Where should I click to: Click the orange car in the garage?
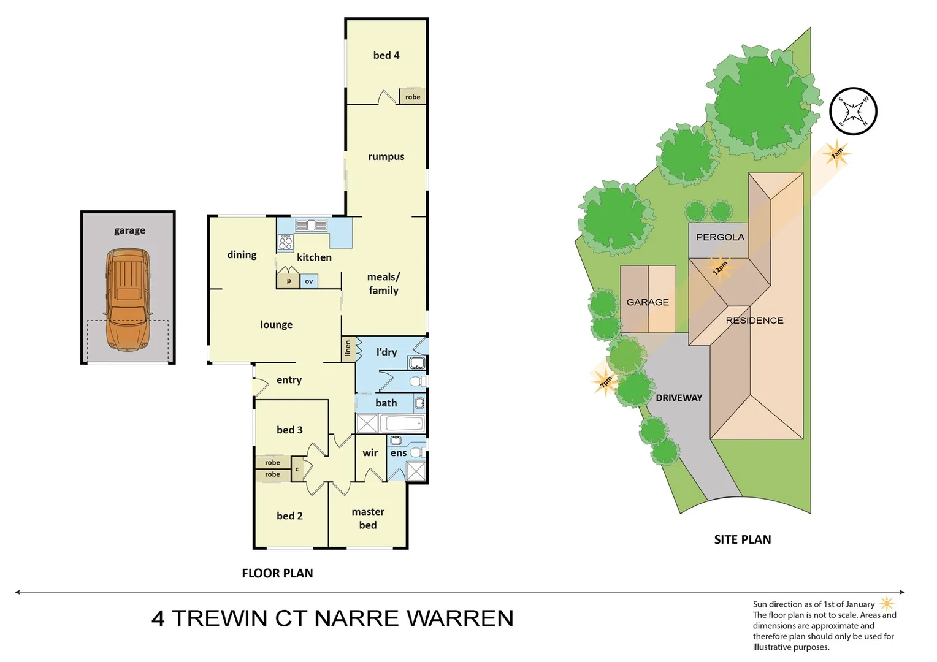[128, 299]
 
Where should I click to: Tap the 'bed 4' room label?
[386, 55]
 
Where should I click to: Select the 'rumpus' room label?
[386, 156]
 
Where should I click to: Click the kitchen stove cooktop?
[286, 242]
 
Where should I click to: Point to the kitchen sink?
[312, 225]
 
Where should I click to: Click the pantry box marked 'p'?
[288, 281]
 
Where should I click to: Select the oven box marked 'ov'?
[308, 281]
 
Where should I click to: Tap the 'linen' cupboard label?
[348, 348]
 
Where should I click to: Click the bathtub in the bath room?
[402, 424]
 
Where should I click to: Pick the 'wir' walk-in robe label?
[370, 452]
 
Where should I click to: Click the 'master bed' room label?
[368, 518]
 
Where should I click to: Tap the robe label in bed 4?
[413, 97]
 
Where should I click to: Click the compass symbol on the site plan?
[853, 112]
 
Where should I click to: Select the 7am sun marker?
[836, 153]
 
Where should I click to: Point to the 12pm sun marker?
[719, 268]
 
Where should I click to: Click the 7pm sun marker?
[605, 381]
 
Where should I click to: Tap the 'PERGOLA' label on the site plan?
[720, 237]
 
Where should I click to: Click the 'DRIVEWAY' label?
[679, 398]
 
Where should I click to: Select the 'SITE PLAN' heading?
[742, 539]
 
